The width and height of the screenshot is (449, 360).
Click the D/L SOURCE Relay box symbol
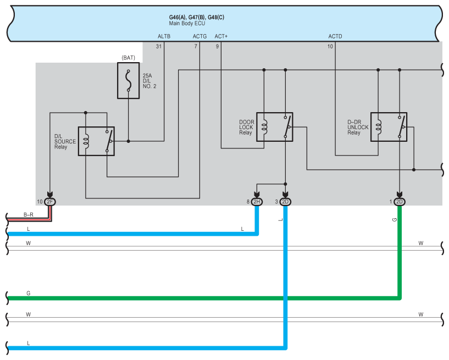(96, 141)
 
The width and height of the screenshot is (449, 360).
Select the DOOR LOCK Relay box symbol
(274, 127)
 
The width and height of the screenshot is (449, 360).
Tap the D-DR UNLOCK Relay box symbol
(389, 127)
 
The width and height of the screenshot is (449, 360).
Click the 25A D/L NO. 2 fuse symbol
(128, 80)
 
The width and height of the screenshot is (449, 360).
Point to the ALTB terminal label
(164, 36)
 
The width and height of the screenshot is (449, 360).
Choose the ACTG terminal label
(199, 36)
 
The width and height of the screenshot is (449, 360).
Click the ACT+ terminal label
(221, 36)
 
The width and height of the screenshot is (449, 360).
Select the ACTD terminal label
(335, 36)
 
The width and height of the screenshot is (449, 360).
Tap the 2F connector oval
(50, 202)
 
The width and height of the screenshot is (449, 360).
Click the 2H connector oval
(257, 202)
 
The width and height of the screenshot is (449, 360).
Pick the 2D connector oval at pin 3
(285, 202)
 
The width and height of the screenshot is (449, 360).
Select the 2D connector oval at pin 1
(400, 202)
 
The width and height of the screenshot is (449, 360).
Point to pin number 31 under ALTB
(159, 47)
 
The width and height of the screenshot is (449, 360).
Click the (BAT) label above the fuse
(128, 57)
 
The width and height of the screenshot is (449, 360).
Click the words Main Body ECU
(186, 24)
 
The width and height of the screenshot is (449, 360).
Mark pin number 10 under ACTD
(330, 47)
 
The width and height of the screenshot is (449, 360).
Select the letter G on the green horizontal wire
(28, 293)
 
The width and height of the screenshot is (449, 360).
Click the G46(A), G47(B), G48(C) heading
(196, 17)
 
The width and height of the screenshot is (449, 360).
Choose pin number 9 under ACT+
(217, 47)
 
